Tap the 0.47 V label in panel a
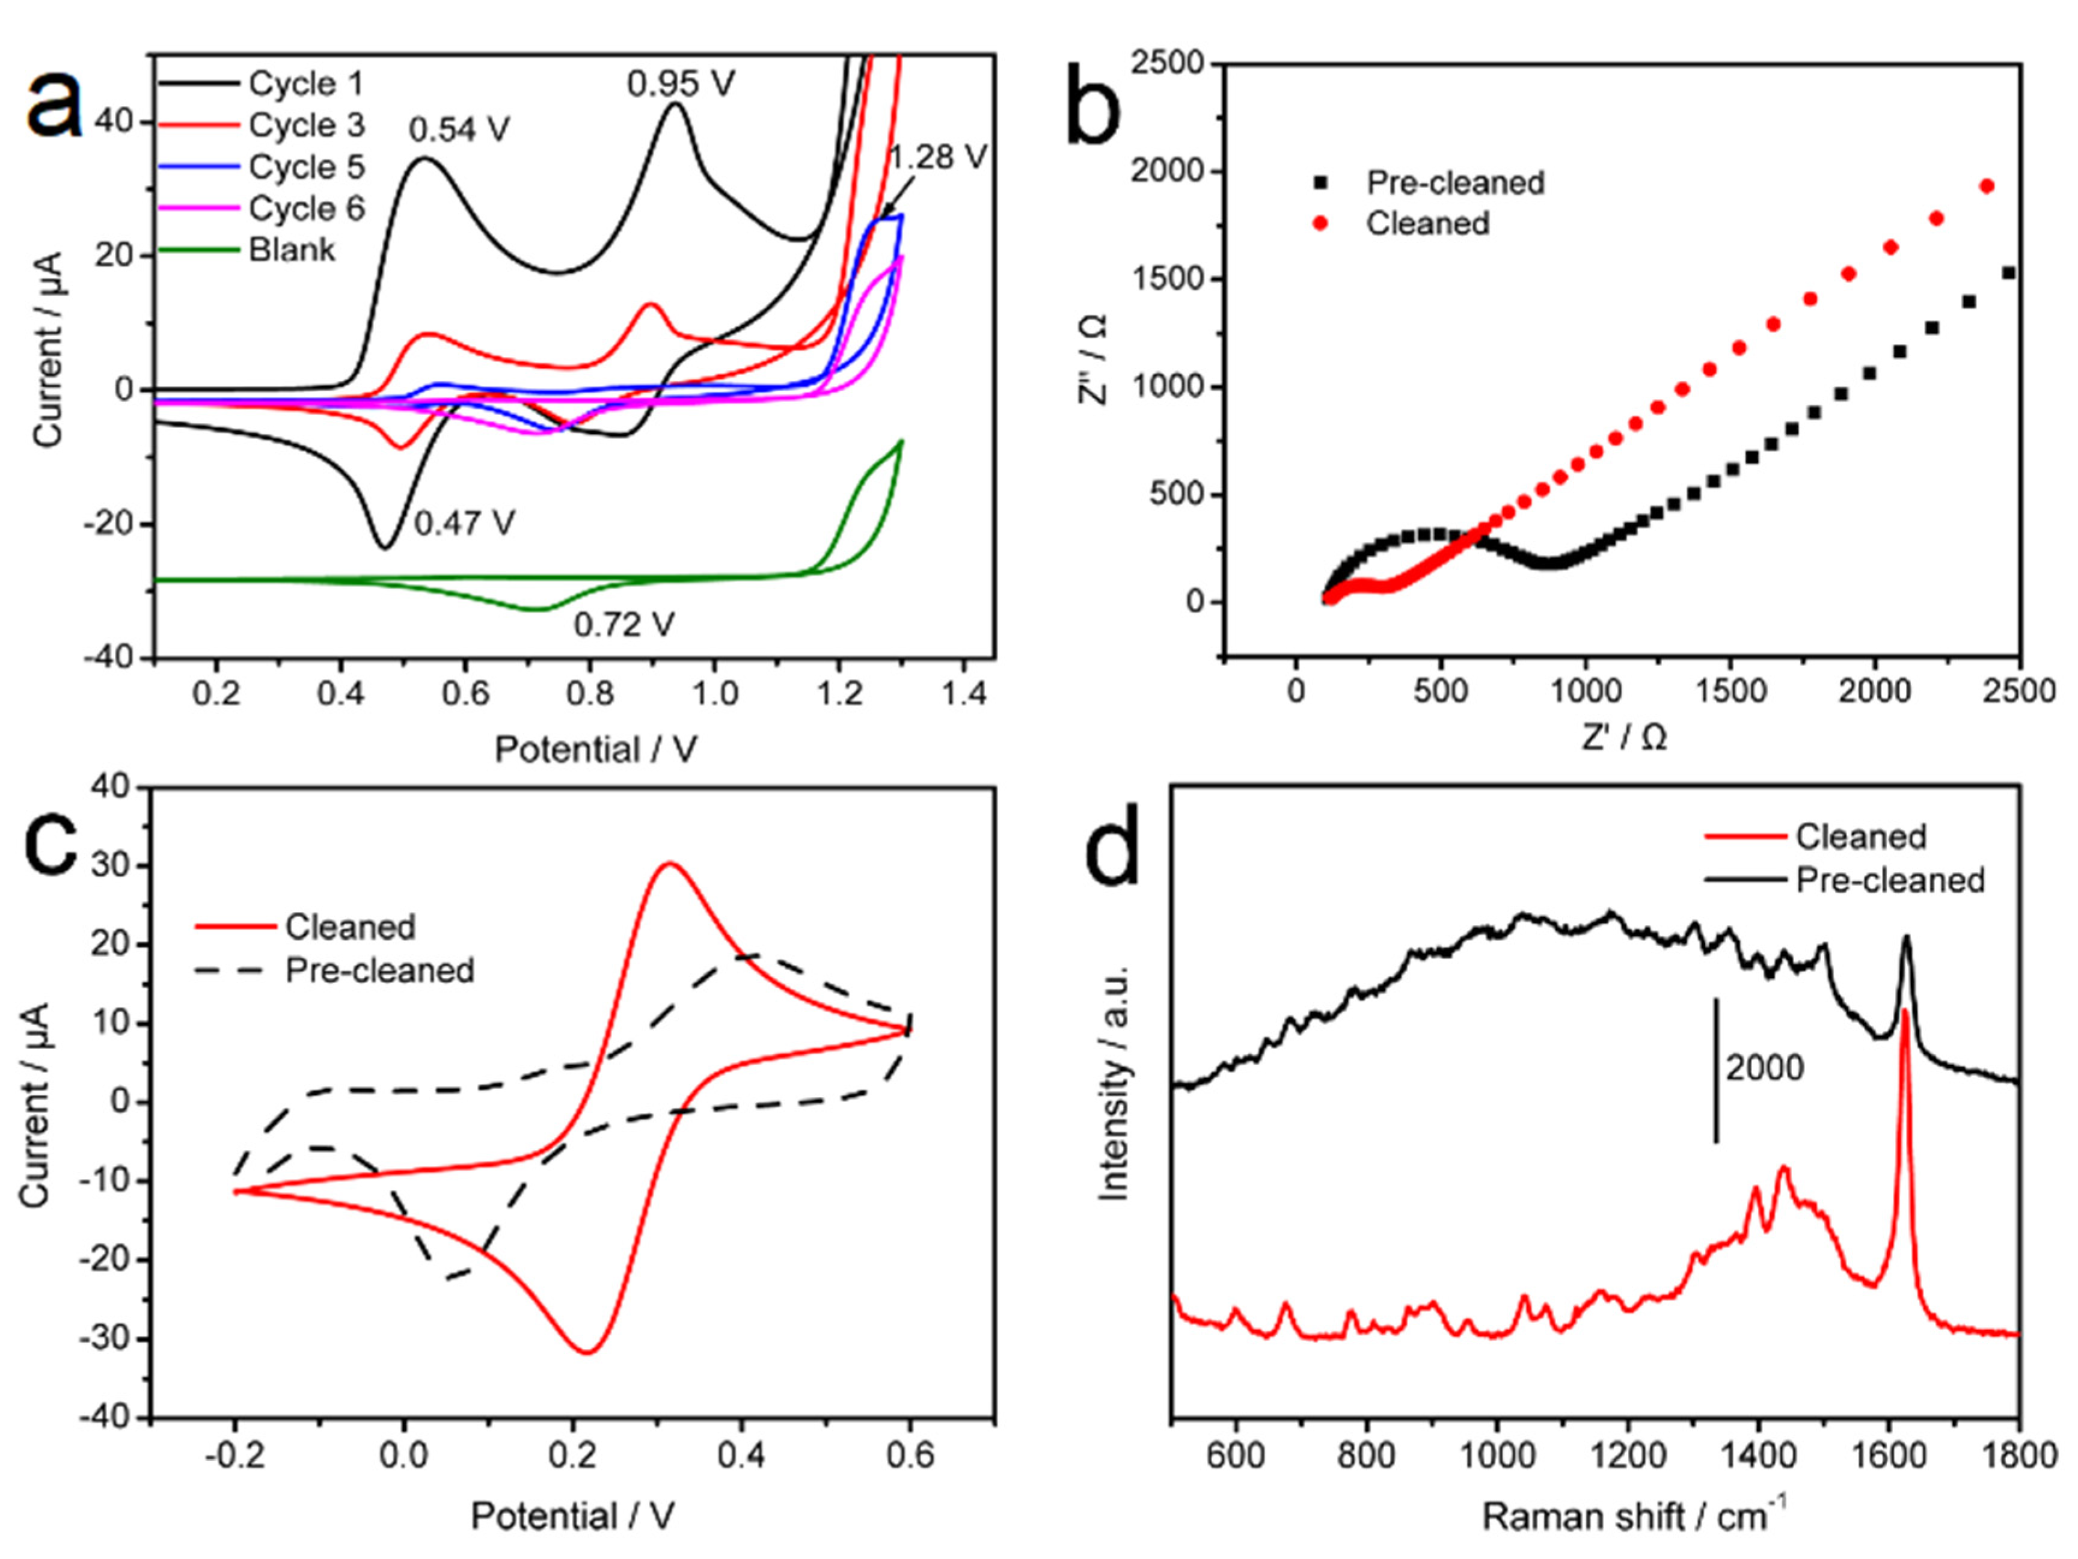click(464, 523)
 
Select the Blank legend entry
click(291, 250)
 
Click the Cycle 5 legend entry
click(306, 167)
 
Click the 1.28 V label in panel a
click(939, 157)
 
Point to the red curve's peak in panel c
click(669, 863)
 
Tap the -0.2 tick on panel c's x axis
click(235, 1456)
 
